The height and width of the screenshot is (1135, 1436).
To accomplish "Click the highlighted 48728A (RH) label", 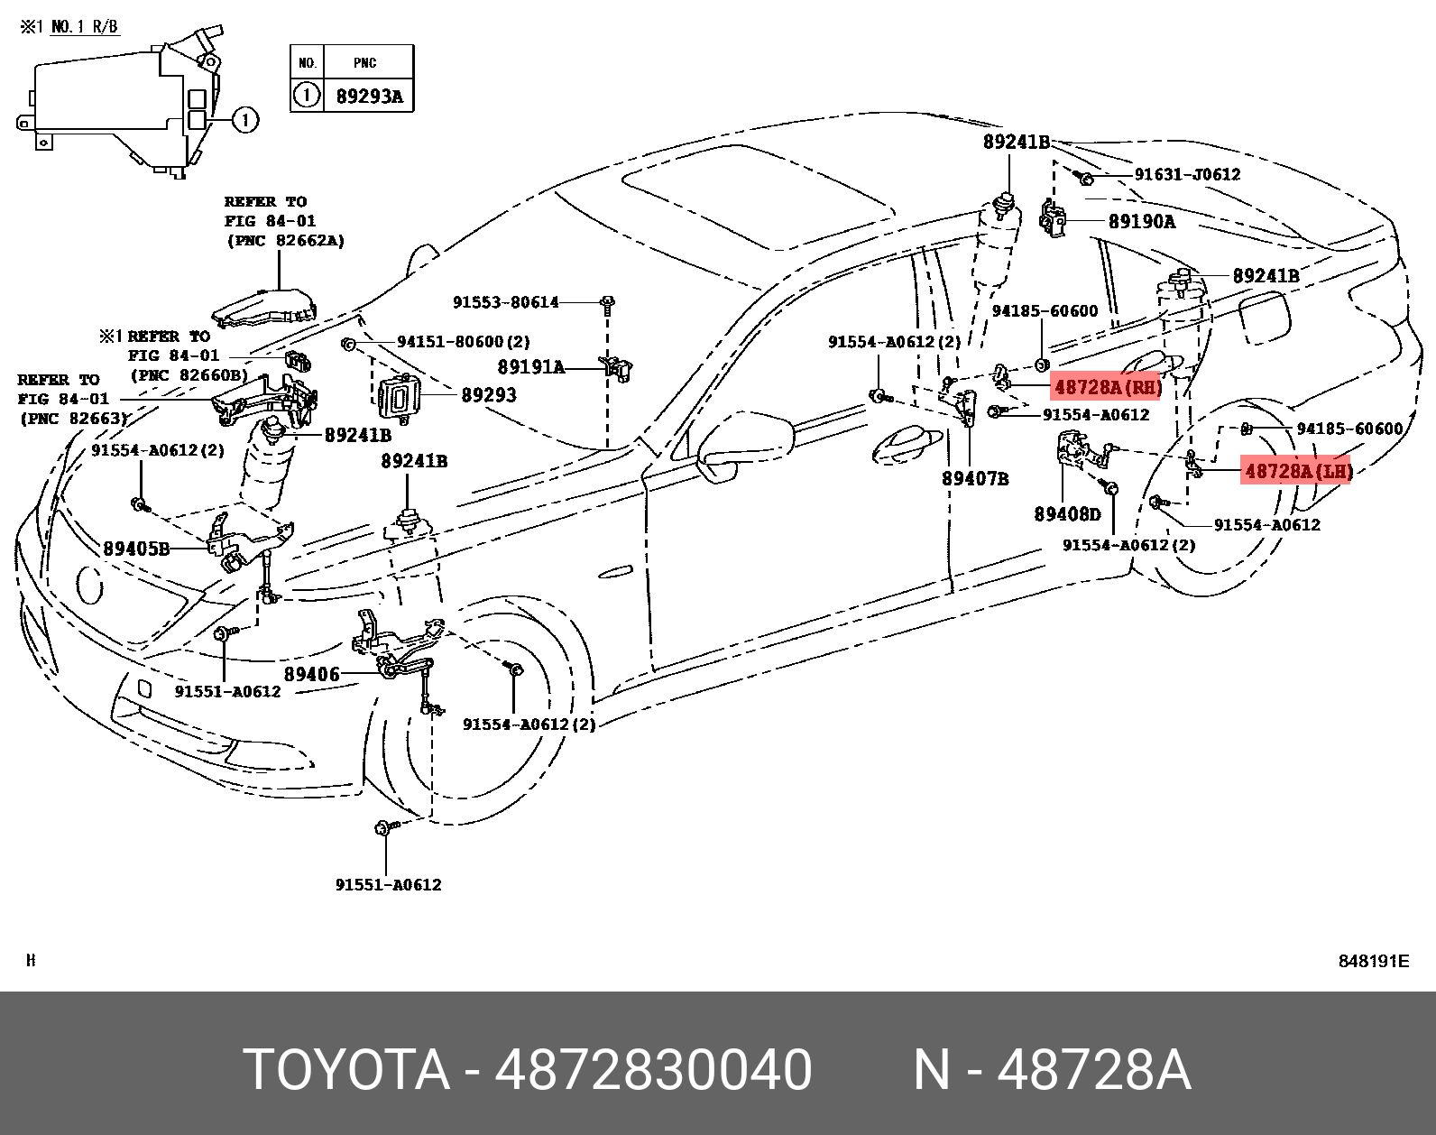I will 1106,388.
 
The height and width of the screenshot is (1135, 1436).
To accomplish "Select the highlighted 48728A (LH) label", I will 1297,471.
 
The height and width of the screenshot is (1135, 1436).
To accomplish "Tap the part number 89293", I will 488,395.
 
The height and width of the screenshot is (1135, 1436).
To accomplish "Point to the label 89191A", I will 530,367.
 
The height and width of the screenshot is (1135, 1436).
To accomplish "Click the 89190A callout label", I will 1141,222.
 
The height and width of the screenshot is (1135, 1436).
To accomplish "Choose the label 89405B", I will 136,549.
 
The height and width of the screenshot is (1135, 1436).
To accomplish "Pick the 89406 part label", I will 311,675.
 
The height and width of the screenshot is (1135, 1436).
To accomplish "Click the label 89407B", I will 975,479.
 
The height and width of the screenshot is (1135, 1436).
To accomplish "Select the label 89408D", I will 1067,514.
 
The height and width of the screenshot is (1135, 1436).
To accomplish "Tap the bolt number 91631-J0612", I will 1187,174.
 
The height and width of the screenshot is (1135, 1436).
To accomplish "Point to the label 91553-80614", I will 505,302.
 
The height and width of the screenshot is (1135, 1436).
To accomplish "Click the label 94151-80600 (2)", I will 464,342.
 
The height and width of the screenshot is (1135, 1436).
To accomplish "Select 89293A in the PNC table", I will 369,97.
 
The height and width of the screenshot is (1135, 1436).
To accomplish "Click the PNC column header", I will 365,63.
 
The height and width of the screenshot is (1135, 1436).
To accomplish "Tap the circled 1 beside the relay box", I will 245,119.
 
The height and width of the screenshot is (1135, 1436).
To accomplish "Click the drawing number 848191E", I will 1373,961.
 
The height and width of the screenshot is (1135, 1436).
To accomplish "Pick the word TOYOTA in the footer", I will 346,1070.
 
